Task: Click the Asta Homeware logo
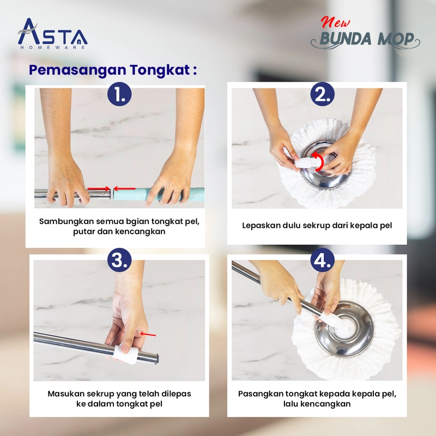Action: [x=52, y=34]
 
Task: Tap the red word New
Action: [x=335, y=22]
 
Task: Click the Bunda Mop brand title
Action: [x=365, y=39]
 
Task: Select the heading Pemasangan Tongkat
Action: [x=113, y=70]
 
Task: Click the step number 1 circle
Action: [x=119, y=94]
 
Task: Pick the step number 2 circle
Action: [x=323, y=94]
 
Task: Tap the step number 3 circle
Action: [x=119, y=260]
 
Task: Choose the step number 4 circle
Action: [x=323, y=260]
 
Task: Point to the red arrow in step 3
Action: [x=148, y=335]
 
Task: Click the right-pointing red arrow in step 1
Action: [x=99, y=189]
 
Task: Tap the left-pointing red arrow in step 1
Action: [x=124, y=189]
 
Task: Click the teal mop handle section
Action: [x=159, y=194]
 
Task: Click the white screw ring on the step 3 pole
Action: [x=126, y=354]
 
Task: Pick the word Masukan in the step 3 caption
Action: [x=66, y=393]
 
